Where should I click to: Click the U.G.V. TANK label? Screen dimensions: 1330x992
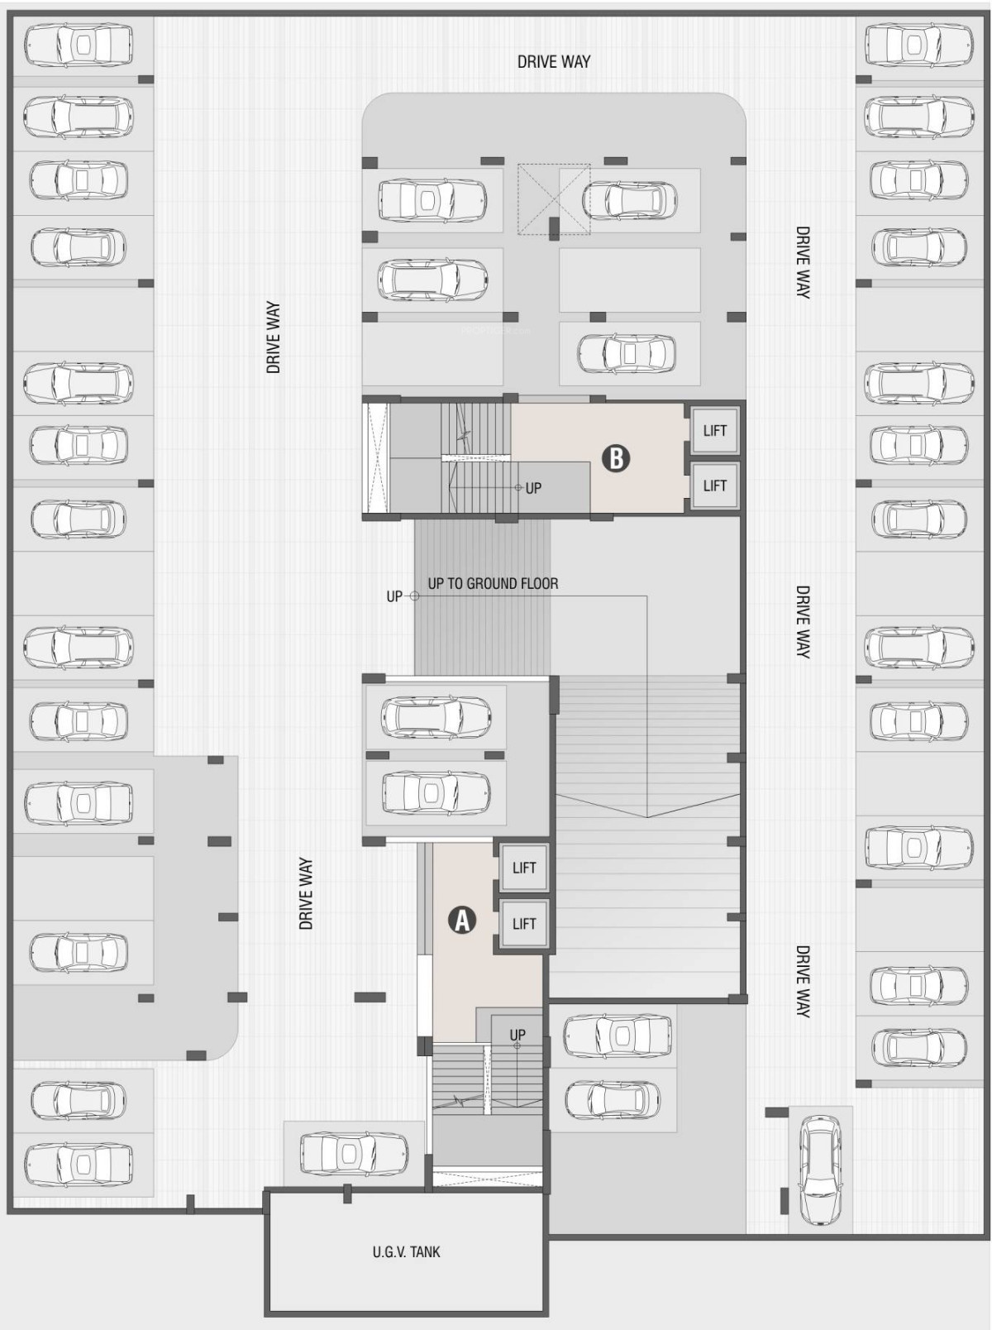[406, 1251]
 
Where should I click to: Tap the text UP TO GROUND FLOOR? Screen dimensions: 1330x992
[493, 583]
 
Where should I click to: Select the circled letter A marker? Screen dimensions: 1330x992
[462, 920]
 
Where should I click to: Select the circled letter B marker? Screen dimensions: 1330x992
[616, 457]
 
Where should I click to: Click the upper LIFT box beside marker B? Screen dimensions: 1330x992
[714, 430]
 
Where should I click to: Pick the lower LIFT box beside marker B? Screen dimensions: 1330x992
[714, 486]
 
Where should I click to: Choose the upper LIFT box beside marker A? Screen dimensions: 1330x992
[524, 868]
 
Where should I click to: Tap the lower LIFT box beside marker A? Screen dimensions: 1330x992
[524, 923]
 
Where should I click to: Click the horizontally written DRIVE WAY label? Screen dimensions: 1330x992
[554, 61]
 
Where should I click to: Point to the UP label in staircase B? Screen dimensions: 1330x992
[533, 488]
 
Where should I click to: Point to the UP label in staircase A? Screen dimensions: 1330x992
[517, 1035]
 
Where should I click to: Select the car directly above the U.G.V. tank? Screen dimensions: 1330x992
[354, 1153]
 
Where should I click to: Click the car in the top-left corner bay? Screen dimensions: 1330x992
[79, 45]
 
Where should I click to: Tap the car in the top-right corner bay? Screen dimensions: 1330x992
[918, 45]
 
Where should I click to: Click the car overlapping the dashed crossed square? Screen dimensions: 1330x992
[630, 199]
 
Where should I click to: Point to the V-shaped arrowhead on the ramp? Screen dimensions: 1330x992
[647, 806]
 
